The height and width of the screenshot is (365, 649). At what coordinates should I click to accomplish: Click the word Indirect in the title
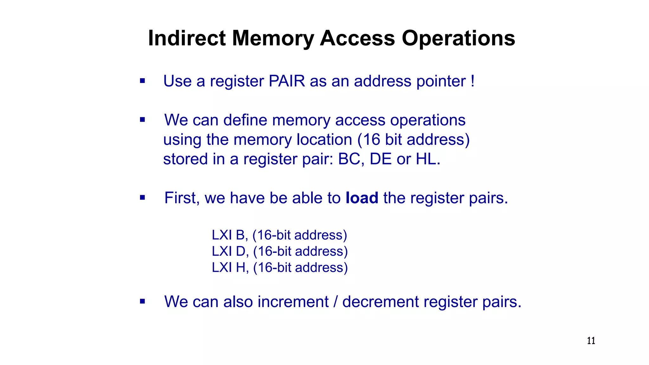[187, 38]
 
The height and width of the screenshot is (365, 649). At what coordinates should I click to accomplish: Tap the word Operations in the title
[458, 38]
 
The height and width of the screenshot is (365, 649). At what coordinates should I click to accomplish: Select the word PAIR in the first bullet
[287, 81]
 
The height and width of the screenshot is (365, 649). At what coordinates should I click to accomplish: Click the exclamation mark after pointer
[472, 81]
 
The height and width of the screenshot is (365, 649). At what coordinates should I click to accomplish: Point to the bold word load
[362, 198]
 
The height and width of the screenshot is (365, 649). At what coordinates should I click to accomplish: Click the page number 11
[591, 341]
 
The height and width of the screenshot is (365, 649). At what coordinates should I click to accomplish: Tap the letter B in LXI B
[240, 235]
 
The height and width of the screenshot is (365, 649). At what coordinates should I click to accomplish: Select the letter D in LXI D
[241, 251]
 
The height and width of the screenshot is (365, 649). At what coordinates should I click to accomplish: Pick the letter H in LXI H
[241, 268]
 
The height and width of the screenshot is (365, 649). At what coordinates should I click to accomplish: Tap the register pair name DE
[381, 159]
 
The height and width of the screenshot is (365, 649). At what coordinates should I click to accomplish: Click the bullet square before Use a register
[142, 81]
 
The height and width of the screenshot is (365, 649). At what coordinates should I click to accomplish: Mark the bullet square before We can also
[142, 301]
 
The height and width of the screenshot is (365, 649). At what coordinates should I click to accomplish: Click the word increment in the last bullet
[293, 302]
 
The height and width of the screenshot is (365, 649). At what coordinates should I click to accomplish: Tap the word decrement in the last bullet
[380, 302]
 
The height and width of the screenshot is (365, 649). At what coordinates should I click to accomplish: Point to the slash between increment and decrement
[335, 302]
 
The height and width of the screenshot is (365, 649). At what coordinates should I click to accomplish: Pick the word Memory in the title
[273, 38]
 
